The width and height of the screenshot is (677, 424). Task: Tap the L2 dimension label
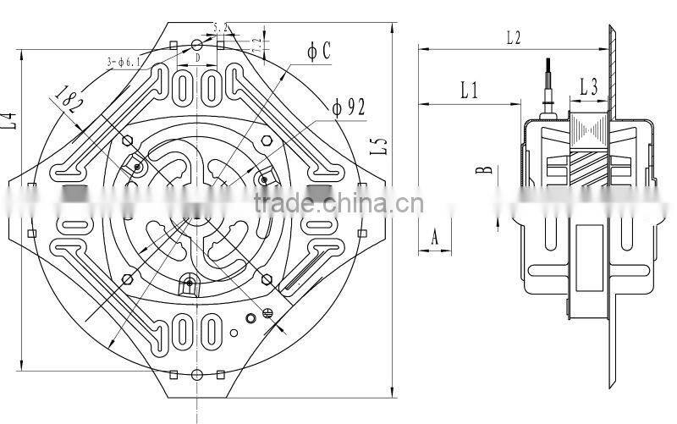click(514, 38)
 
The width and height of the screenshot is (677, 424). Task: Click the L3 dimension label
click(589, 86)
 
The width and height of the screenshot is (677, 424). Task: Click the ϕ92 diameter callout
click(348, 107)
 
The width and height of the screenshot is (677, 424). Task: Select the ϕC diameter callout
click(319, 52)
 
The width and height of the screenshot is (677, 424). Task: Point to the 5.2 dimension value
click(221, 28)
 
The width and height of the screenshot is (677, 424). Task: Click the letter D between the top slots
click(196, 58)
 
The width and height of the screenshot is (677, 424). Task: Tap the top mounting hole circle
click(196, 44)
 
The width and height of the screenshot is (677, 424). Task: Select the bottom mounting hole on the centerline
click(196, 375)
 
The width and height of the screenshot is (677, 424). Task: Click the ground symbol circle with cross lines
click(269, 312)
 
